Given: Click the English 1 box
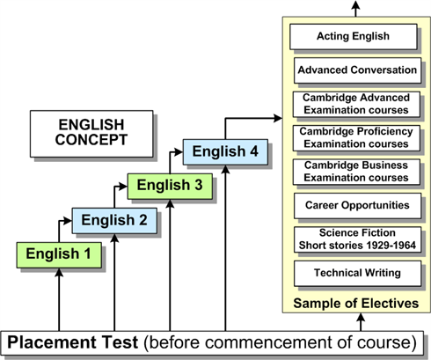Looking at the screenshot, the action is point(59,255).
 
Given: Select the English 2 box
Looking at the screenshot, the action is point(114,221).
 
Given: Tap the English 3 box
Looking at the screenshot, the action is point(170,187).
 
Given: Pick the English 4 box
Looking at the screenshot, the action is point(225,152).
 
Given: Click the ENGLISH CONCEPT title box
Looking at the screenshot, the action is point(91,134).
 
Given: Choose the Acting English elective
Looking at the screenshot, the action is point(354,37).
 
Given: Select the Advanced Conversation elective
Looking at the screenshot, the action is point(357,70).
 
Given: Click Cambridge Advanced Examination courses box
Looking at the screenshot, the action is point(356,104).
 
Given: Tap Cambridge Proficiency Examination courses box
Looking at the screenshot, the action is point(356,138).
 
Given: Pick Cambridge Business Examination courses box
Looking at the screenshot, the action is point(356,172).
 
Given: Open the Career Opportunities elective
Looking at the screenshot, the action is point(357,206).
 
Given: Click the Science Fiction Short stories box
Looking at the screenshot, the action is point(357,239).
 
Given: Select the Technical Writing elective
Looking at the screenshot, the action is point(357,274).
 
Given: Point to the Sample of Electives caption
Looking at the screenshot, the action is point(356,304).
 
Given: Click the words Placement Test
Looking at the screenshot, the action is point(72,342).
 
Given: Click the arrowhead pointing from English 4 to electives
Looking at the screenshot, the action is point(277,118).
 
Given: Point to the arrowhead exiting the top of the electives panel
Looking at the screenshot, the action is point(355,5).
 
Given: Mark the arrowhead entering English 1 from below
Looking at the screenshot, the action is point(59,273).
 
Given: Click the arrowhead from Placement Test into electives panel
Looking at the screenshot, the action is point(361,318).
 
